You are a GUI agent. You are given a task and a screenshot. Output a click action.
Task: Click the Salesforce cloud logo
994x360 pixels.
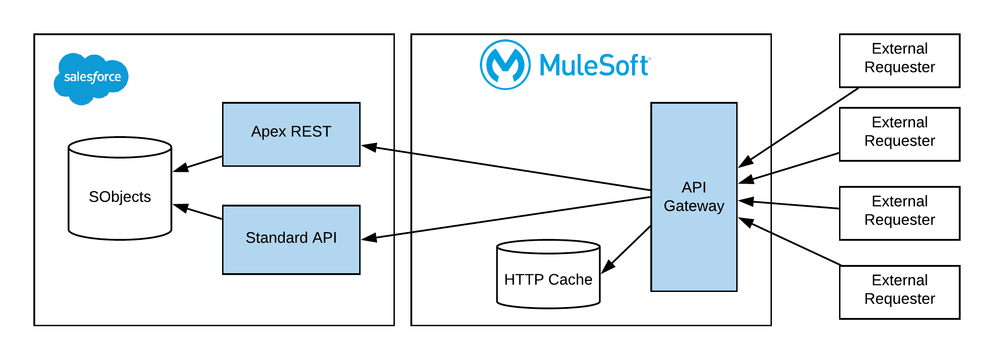(91, 78)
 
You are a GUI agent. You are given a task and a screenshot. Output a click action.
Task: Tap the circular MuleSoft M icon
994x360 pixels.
(505, 65)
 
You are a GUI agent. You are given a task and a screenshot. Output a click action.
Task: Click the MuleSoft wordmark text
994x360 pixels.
(594, 65)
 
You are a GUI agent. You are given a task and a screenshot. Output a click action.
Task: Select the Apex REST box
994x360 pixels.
(291, 134)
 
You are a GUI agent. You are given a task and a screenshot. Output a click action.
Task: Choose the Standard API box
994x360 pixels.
(291, 239)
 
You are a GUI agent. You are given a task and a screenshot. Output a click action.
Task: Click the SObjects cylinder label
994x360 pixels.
(120, 197)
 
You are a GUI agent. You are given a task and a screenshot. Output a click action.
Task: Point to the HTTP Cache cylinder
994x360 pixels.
(548, 279)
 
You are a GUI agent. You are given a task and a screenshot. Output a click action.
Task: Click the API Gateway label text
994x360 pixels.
(694, 196)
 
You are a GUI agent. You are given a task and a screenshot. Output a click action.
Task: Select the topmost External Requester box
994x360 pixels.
(899, 60)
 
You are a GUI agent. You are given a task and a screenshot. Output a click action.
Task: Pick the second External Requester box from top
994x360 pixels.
(899, 134)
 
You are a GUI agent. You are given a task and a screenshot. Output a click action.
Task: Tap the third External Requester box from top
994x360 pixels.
(899, 213)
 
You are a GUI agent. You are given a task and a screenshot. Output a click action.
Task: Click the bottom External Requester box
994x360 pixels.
(899, 292)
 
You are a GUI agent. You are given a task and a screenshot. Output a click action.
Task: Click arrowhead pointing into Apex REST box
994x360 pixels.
(368, 147)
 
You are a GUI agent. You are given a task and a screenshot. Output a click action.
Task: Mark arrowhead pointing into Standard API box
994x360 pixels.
(368, 238)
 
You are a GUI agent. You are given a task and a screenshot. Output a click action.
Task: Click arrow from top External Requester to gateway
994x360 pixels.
(800, 127)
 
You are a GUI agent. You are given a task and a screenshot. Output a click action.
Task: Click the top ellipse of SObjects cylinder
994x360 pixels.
(120, 147)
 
